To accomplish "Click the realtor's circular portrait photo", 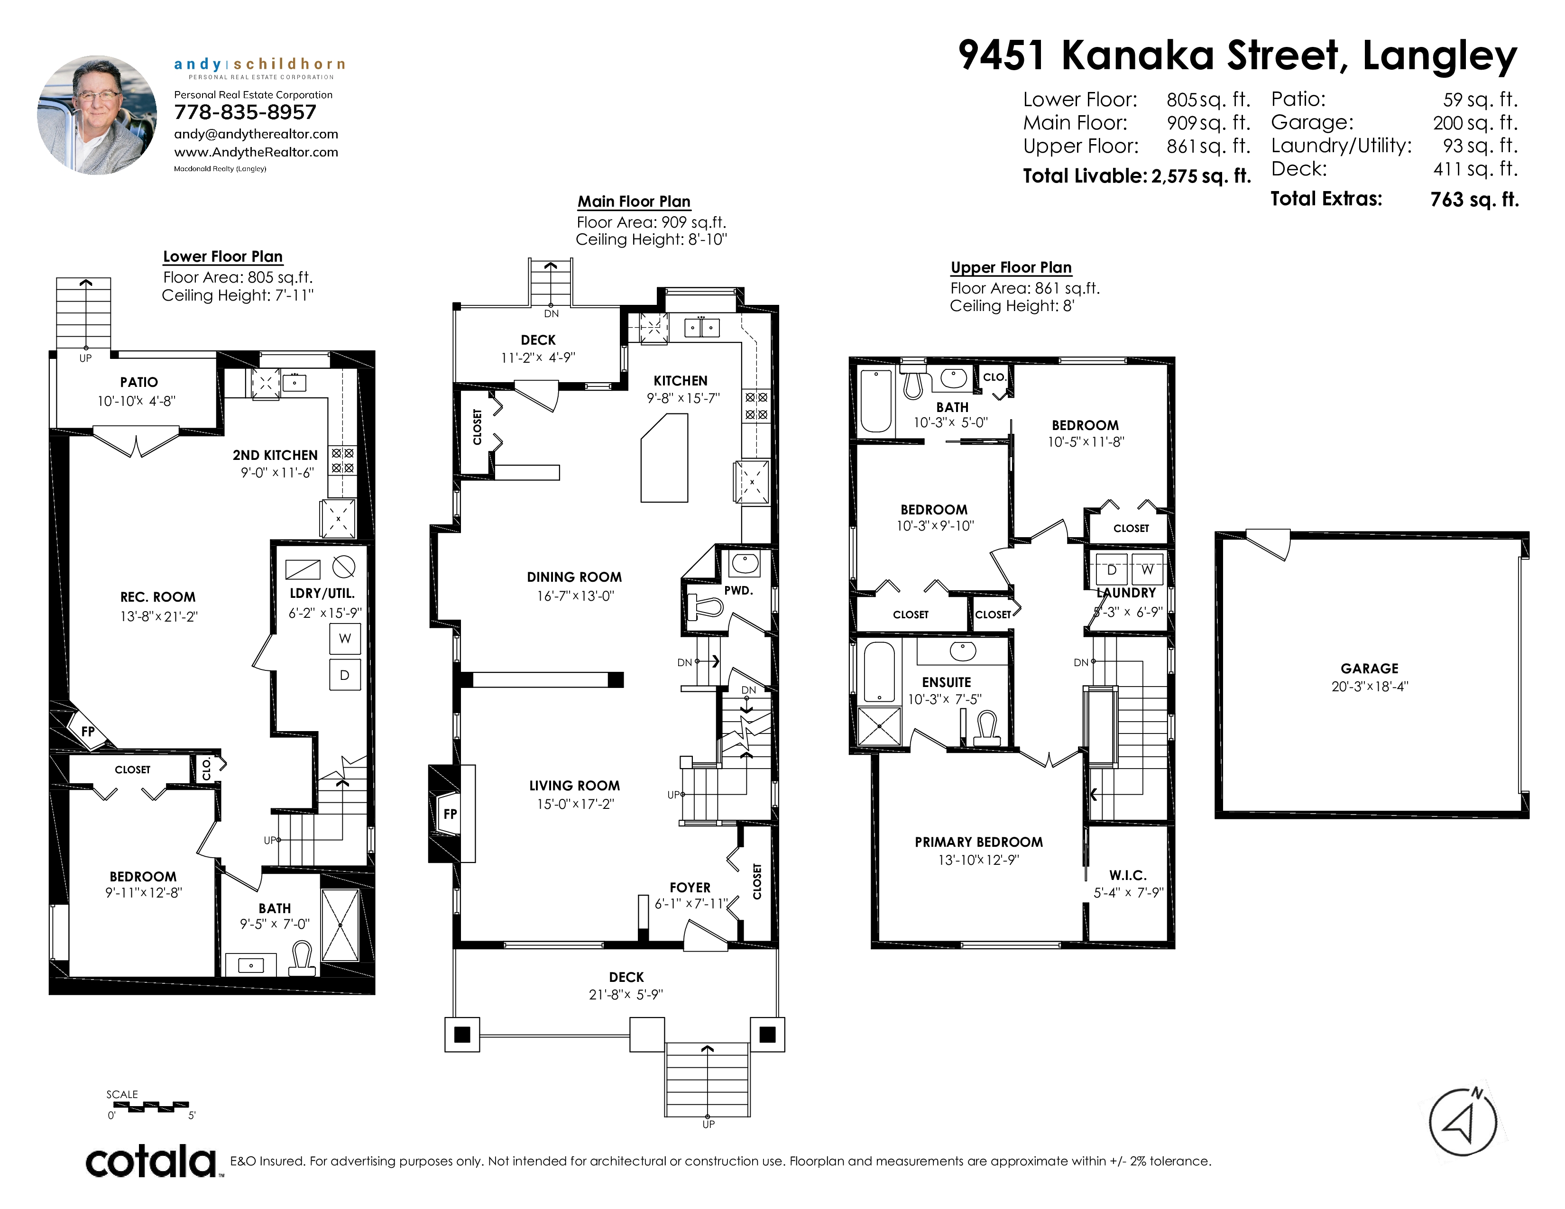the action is (x=97, y=115).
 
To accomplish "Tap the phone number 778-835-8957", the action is (x=245, y=112).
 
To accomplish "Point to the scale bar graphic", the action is (x=151, y=1107).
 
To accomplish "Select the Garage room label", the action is (x=1370, y=668).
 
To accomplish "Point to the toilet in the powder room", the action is (x=704, y=607).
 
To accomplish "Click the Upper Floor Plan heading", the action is (x=1011, y=267).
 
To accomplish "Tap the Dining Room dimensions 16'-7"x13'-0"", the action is (x=575, y=596).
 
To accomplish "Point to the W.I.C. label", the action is (x=1128, y=875).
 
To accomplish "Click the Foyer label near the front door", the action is (x=690, y=888).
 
